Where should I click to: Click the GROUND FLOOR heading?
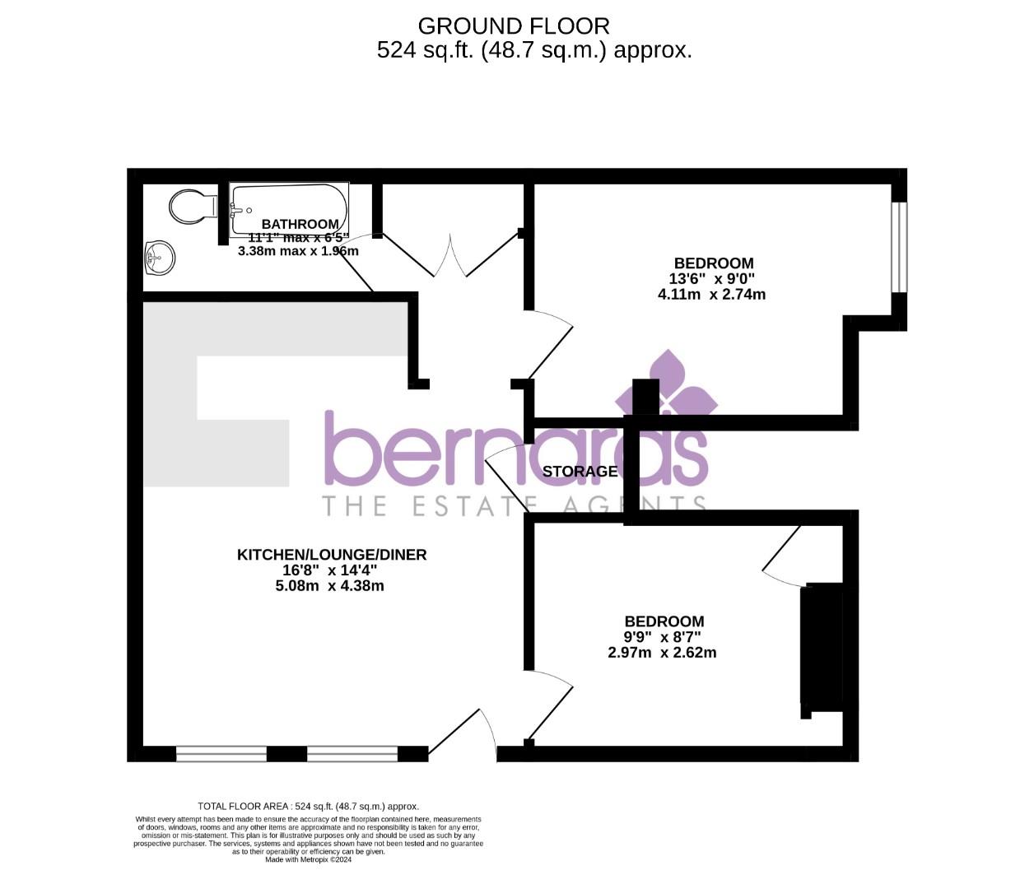tap(514, 26)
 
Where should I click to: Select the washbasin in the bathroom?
tap(159, 258)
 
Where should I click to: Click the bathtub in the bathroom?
tap(288, 209)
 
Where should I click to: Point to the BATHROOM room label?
tap(300, 224)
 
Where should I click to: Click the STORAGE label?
tap(580, 472)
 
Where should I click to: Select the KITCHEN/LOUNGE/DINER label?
tap(332, 555)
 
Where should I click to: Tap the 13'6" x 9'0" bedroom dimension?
tap(711, 279)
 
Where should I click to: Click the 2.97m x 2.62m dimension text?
tap(662, 653)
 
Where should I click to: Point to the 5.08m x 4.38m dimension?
tap(329, 586)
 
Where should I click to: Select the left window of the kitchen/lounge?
tap(221, 753)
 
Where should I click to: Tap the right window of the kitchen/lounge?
tap(352, 753)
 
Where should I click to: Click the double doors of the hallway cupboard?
tap(450, 256)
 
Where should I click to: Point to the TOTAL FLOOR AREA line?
tap(309, 807)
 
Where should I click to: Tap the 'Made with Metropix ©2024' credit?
tap(309, 859)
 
